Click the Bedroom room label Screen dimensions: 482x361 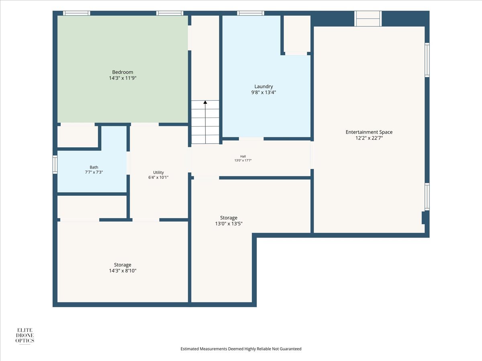pyautogui.click(x=123, y=72)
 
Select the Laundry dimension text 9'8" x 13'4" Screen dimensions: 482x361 pyautogui.click(x=263, y=92)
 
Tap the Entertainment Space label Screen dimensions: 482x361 pyautogui.click(x=369, y=132)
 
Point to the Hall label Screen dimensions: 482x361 pyautogui.click(x=243, y=156)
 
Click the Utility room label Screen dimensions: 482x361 pyautogui.click(x=158, y=172)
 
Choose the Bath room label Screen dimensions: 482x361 pyautogui.click(x=94, y=167)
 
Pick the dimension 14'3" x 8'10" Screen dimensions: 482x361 pyautogui.click(x=123, y=271)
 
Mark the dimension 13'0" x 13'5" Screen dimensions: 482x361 pyautogui.click(x=229, y=223)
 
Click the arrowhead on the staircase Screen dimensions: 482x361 pyautogui.click(x=205, y=102)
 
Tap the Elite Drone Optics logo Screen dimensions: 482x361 pyautogui.click(x=25, y=336)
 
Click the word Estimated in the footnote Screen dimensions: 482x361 pyautogui.click(x=190, y=349)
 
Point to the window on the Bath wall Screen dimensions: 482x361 pyautogui.click(x=55, y=164)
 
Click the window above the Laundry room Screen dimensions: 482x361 pyautogui.click(x=251, y=13)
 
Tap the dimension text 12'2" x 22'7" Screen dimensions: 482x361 pyautogui.click(x=369, y=138)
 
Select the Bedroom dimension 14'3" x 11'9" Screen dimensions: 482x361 pyautogui.click(x=123, y=78)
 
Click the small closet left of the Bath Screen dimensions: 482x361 pyautogui.click(x=78, y=136)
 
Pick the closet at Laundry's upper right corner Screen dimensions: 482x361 pyautogui.click(x=297, y=34)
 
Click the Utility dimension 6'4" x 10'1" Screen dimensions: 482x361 pyautogui.click(x=158, y=177)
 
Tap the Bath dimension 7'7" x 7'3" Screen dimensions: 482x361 pyautogui.click(x=94, y=172)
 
